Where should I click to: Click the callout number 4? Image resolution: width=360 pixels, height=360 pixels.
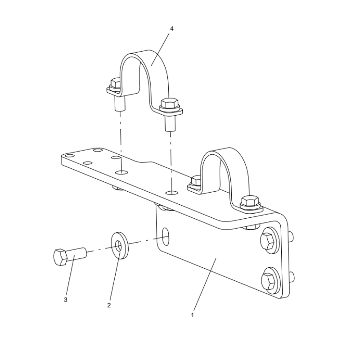[171, 28]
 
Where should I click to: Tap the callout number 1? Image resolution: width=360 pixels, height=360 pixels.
[192, 315]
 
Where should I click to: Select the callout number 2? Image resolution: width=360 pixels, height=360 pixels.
[108, 305]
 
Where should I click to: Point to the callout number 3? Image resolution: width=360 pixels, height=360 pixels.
[66, 299]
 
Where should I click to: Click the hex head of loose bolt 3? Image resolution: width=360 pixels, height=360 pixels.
[60, 258]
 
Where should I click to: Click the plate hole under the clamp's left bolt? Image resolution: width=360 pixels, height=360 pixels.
[120, 172]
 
